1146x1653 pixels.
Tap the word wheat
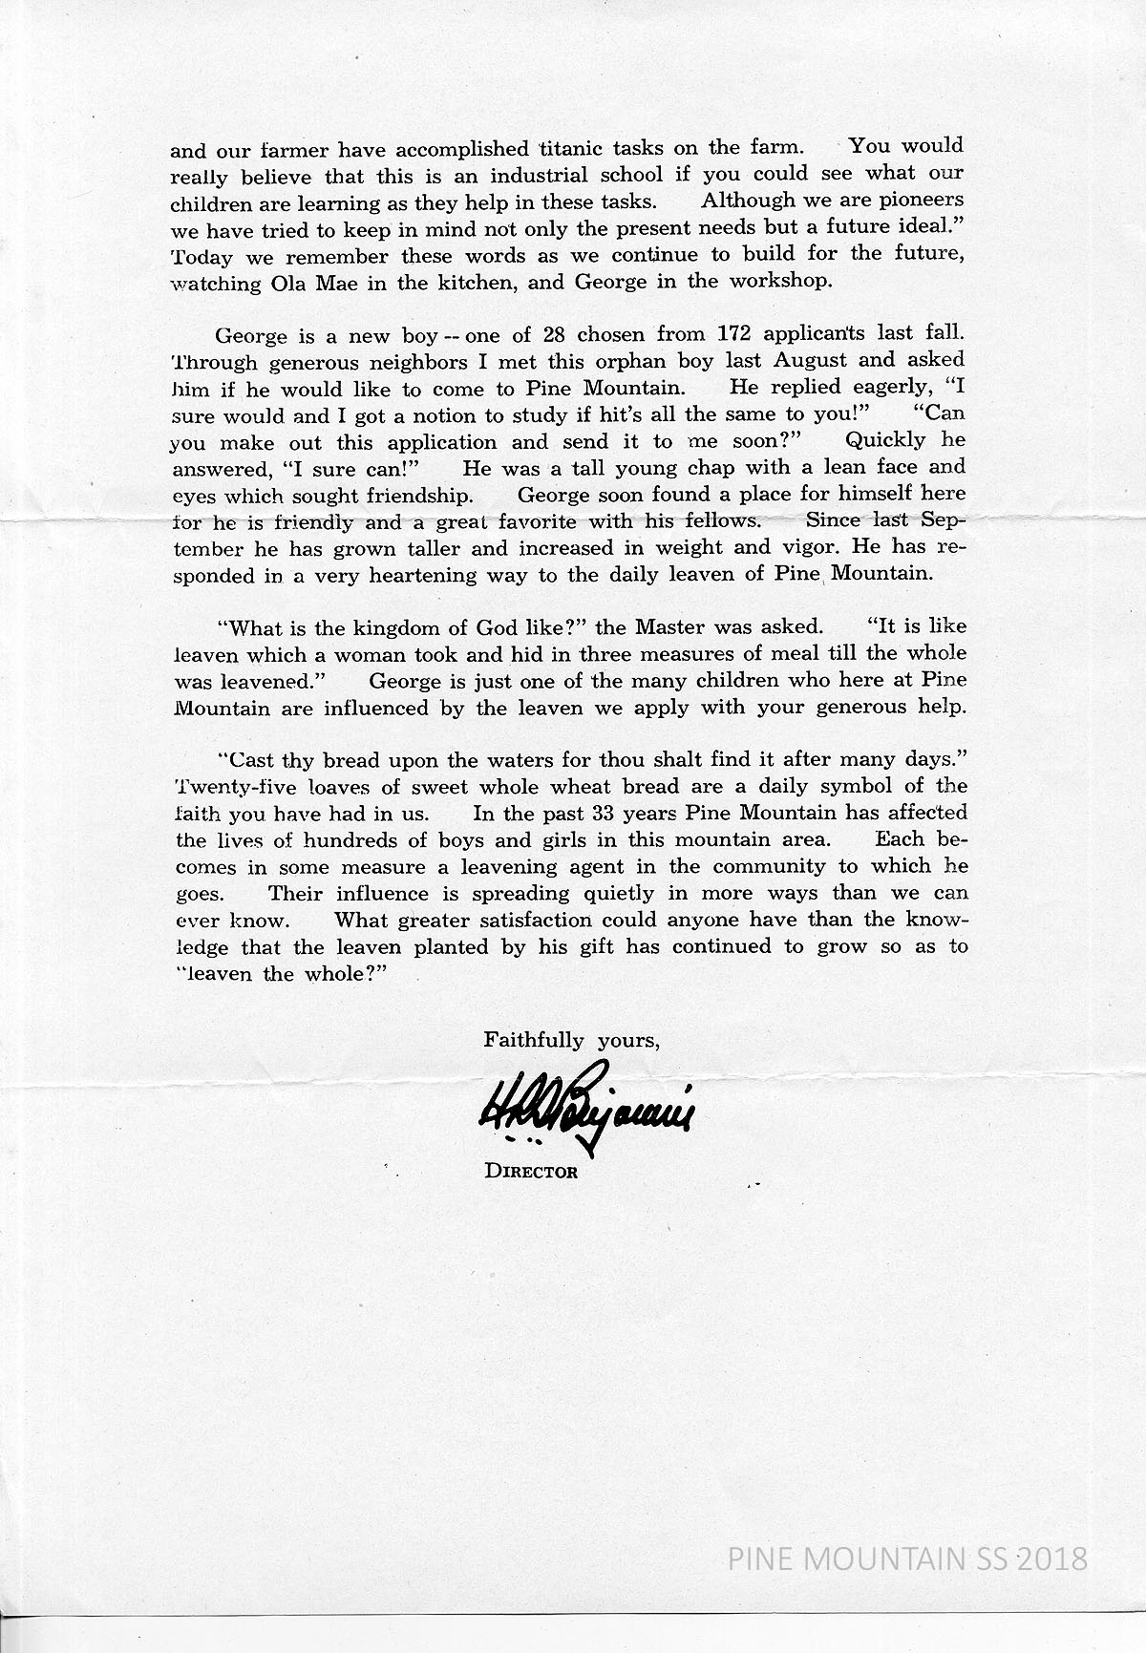point(603,787)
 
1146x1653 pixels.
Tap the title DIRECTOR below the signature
point(531,1172)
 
